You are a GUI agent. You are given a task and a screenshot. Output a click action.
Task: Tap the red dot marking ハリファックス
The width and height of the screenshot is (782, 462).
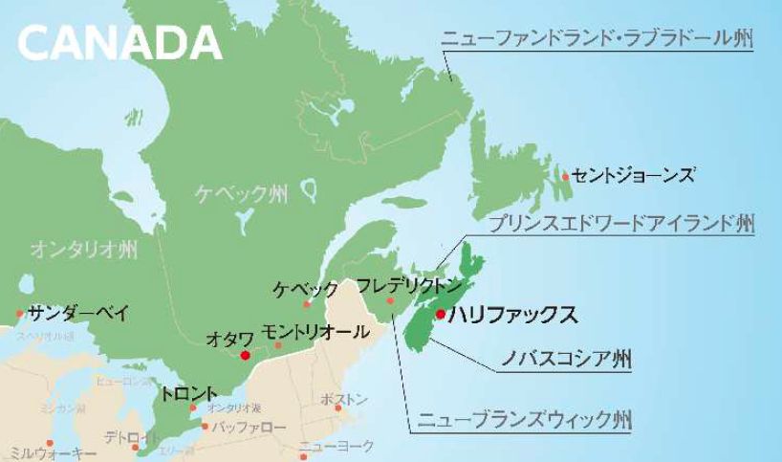click(x=440, y=314)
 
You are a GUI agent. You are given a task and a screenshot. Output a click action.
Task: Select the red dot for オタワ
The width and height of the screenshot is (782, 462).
click(x=246, y=355)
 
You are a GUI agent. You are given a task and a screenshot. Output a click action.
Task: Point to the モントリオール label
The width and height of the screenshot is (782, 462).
click(x=315, y=332)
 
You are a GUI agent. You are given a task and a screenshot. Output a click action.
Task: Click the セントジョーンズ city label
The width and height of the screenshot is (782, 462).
click(x=634, y=174)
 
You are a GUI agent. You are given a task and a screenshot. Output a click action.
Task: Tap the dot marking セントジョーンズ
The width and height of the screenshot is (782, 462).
click(x=566, y=176)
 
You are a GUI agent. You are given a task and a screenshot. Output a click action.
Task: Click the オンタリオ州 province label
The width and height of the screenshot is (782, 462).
click(x=83, y=251)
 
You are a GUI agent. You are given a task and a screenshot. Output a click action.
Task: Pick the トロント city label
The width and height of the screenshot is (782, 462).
click(x=189, y=393)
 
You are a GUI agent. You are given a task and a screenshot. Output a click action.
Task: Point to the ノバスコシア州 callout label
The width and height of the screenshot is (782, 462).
click(x=567, y=361)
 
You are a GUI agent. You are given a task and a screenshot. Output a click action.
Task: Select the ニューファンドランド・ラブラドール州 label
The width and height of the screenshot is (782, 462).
click(x=597, y=40)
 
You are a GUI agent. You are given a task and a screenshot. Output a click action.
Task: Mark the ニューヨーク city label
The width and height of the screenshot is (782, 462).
click(x=336, y=447)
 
